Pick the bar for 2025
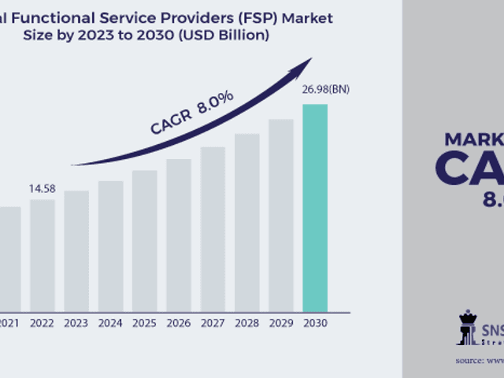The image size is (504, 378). (145, 240)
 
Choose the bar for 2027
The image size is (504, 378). (213, 228)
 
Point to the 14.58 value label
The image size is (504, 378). (42, 189)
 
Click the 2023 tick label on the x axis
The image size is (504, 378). (76, 323)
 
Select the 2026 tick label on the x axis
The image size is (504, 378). (179, 323)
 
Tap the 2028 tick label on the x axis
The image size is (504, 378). (246, 323)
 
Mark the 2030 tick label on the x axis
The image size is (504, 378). (315, 323)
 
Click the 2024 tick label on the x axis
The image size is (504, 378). (110, 323)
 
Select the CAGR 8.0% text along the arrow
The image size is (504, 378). (192, 114)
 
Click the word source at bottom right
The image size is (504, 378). (469, 360)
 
